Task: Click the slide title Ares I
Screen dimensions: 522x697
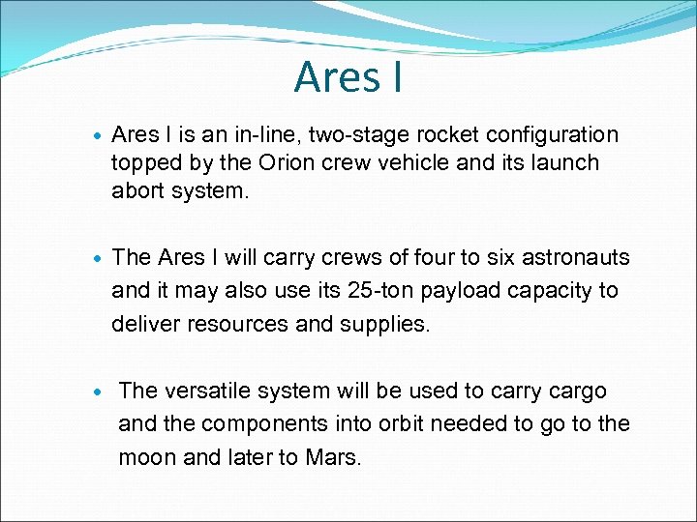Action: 348,77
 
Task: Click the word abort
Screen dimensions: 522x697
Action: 138,190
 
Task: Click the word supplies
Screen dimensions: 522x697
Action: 384,324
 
